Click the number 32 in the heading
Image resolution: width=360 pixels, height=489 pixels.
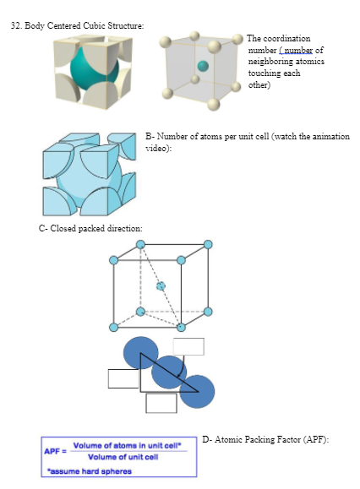click(x=15, y=26)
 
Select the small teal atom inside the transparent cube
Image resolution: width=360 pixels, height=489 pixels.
click(x=202, y=65)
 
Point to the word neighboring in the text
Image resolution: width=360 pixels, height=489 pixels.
click(x=271, y=62)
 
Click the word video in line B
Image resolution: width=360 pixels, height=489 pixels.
click(x=158, y=149)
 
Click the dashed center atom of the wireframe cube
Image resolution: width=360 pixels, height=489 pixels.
click(x=161, y=286)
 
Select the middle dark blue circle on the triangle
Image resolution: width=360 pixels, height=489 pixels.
click(x=169, y=371)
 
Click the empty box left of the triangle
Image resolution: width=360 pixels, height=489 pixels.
click(x=123, y=378)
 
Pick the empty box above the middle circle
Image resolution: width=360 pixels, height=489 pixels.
click(x=188, y=346)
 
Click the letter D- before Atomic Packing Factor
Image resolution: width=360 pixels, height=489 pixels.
click(x=207, y=440)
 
